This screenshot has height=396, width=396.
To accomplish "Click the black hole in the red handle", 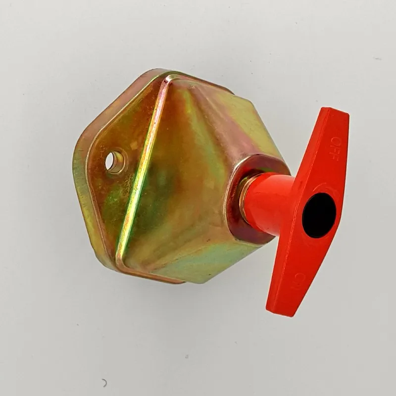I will [x=319, y=215].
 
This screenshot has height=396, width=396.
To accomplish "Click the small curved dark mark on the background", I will [x=104, y=383].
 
